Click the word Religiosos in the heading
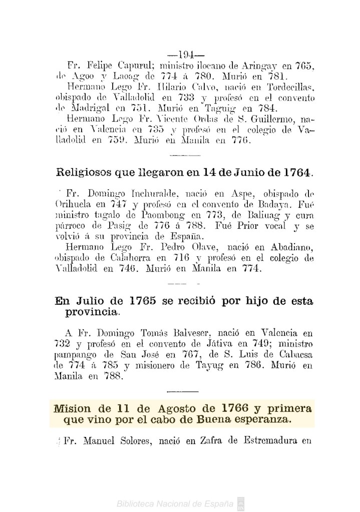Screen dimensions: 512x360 pos(84,174)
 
